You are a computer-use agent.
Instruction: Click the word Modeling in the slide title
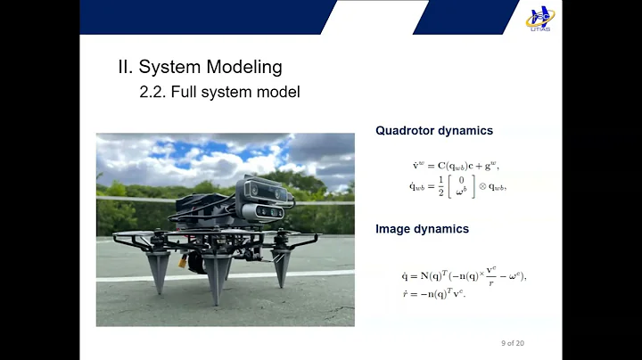click(x=243, y=67)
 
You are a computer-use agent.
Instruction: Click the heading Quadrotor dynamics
click(x=433, y=130)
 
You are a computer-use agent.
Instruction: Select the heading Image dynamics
click(x=422, y=229)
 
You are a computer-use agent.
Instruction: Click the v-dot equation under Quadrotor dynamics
click(x=454, y=165)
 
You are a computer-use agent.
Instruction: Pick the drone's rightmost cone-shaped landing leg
click(x=283, y=265)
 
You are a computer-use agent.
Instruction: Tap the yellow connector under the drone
click(x=189, y=263)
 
